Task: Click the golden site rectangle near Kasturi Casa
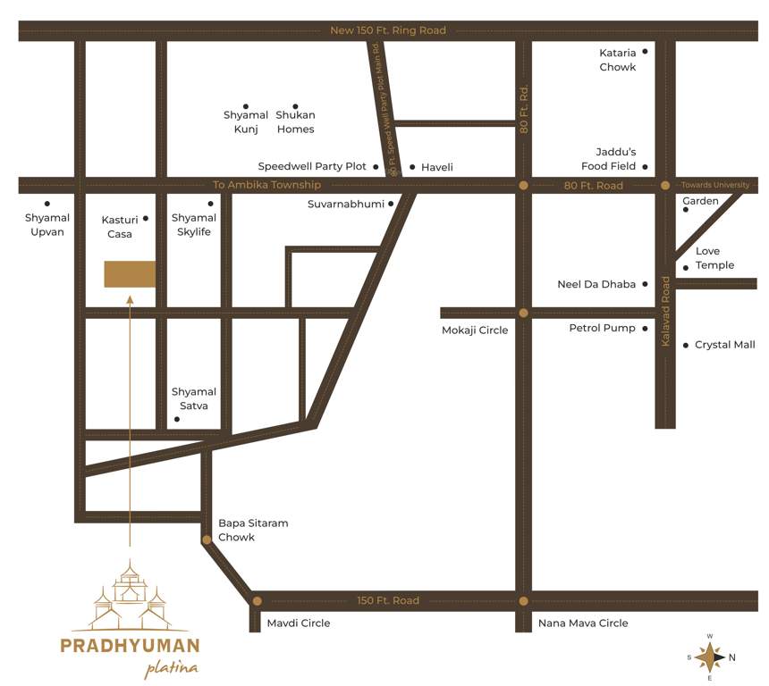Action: click(x=130, y=274)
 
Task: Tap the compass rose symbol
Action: click(x=710, y=657)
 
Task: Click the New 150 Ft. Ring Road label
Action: click(x=388, y=30)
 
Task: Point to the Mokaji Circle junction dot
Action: click(x=524, y=313)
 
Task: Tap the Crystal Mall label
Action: click(x=724, y=345)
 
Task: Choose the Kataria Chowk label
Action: click(x=618, y=60)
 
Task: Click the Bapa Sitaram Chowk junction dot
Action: click(x=207, y=540)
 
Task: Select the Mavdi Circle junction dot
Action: click(x=257, y=601)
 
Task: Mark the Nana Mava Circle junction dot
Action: click(x=524, y=601)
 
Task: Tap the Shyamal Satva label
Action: click(x=194, y=398)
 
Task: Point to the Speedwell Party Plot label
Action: click(x=313, y=167)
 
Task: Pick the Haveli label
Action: click(x=437, y=167)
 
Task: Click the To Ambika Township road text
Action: click(x=266, y=185)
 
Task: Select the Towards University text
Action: click(x=715, y=185)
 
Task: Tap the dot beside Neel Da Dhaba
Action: click(x=645, y=285)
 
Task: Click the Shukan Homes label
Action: click(x=295, y=121)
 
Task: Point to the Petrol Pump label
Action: click(x=602, y=328)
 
